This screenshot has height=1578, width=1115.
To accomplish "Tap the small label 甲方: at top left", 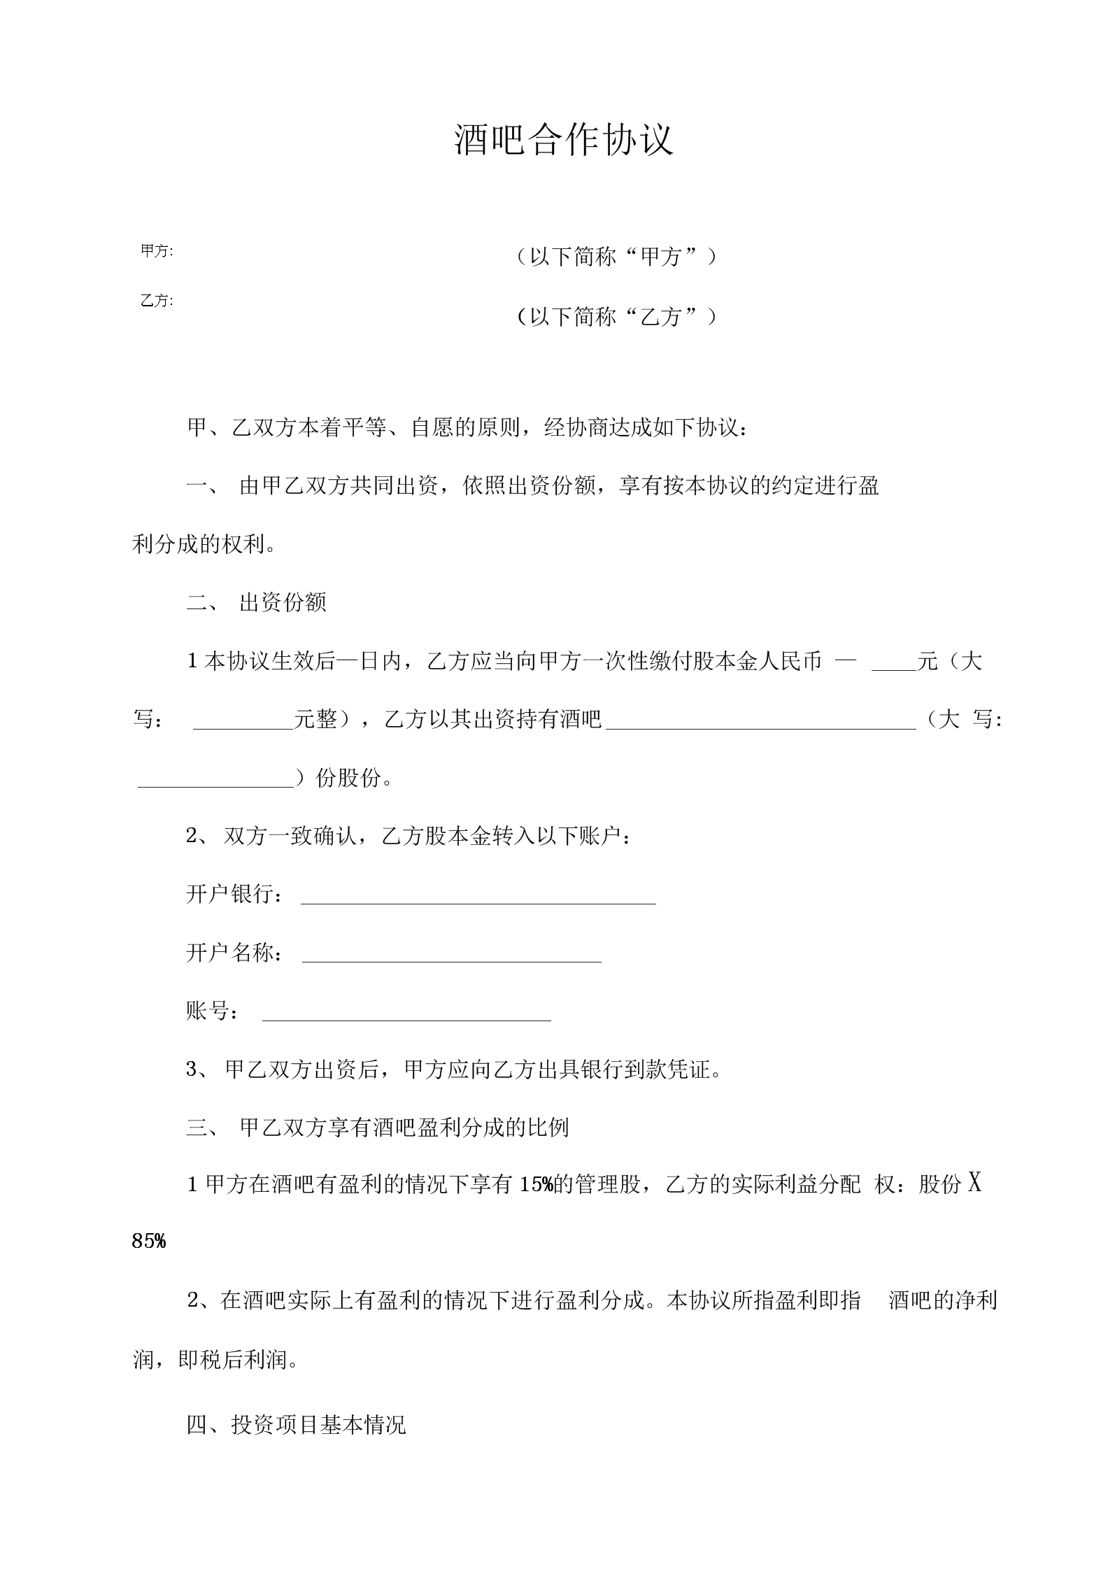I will tap(157, 251).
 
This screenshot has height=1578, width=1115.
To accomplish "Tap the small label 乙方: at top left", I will tap(157, 301).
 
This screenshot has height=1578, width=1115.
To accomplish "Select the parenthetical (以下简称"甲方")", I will tap(615, 257).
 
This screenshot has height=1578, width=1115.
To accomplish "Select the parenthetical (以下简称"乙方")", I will tap(615, 317).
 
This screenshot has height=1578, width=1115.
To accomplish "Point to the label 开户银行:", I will tap(235, 894).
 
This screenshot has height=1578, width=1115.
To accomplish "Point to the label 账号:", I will tap(213, 1011).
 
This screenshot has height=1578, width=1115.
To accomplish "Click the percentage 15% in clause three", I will tap(537, 1185).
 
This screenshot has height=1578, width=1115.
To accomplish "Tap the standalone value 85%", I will tap(149, 1242).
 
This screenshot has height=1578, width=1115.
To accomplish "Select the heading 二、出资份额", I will tap(257, 602).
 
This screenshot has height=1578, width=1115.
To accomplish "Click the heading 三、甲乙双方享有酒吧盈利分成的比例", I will tap(378, 1127).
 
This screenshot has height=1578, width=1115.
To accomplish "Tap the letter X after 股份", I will tap(974, 1183).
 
